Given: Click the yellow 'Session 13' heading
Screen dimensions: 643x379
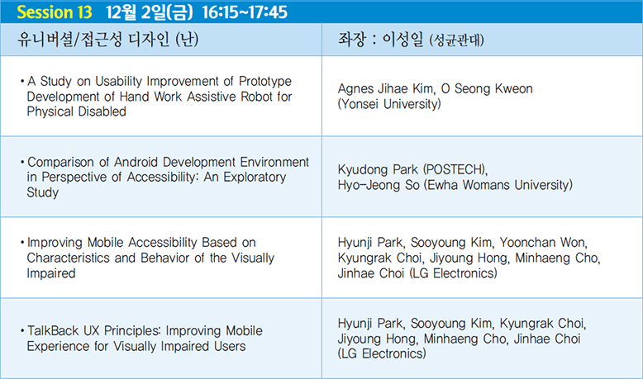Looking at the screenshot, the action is pyautogui.click(x=54, y=12).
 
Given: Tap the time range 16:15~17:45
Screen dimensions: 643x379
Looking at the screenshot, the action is pyautogui.click(x=245, y=12).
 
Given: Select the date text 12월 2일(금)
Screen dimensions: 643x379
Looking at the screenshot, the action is pyautogui.click(x=149, y=12).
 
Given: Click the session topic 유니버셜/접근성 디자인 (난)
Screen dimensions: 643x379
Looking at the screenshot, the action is pyautogui.click(x=107, y=40).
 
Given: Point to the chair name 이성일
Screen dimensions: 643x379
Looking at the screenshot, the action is pyautogui.click(x=402, y=40).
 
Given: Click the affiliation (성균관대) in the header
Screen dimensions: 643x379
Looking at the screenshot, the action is pyautogui.click(x=456, y=40).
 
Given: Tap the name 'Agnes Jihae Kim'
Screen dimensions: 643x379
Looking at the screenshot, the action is pyautogui.click(x=386, y=88).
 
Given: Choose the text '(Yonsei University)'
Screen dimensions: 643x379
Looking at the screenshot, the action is pyautogui.click(x=389, y=104).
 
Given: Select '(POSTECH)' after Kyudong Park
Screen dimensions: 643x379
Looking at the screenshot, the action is pyautogui.click(x=455, y=169).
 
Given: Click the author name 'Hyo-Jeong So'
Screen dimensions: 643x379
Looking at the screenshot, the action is pyautogui.click(x=379, y=185).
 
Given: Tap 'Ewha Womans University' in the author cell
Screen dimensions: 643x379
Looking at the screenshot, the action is pyautogui.click(x=498, y=185).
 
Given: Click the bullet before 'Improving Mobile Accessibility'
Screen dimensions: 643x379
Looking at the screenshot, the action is pyautogui.click(x=22, y=243).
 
